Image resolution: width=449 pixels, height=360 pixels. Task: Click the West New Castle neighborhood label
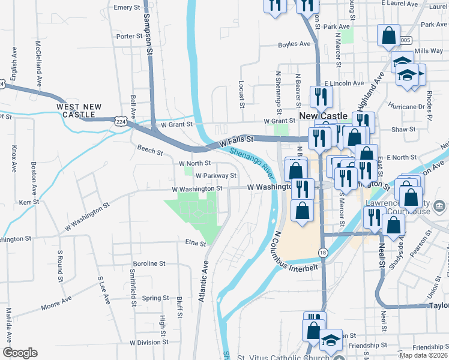point(76,110)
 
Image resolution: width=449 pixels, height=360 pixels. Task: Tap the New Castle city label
point(324,115)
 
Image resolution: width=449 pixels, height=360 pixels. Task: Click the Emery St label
point(127,8)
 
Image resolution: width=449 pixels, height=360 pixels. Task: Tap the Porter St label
point(129,37)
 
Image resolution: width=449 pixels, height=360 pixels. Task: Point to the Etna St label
point(195,244)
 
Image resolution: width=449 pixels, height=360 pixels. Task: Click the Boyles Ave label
point(294,44)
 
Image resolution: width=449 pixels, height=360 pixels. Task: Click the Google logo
point(20,353)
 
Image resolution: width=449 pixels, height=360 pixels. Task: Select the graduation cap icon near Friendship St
point(330,341)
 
